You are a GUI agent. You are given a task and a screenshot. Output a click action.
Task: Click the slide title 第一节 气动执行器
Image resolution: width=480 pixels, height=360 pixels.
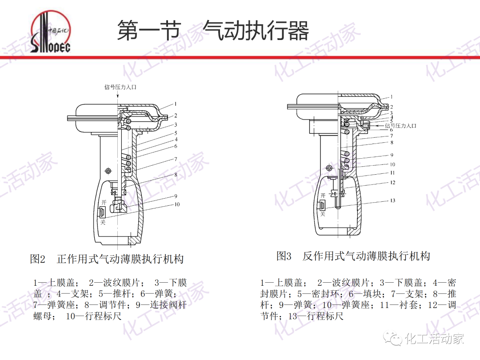coord(212,31)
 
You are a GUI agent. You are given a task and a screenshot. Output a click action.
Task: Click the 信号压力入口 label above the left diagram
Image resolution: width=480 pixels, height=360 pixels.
coord(120,87)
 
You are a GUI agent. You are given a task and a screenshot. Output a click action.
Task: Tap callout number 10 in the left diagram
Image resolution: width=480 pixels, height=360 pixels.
coord(177,205)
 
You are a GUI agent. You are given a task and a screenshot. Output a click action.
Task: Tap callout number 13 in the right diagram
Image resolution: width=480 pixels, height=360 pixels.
coord(392,200)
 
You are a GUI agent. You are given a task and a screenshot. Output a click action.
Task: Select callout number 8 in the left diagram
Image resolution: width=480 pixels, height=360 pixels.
coord(176,175)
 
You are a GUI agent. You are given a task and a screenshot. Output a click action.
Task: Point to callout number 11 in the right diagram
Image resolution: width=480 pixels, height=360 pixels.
coord(392,173)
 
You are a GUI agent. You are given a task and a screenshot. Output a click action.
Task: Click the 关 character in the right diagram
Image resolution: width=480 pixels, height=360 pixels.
coord(323,214)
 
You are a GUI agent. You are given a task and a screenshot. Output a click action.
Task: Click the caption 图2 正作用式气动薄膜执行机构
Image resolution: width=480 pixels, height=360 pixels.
coord(107,259)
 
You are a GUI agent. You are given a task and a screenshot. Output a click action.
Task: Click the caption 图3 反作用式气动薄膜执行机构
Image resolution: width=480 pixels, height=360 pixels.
coord(353,256)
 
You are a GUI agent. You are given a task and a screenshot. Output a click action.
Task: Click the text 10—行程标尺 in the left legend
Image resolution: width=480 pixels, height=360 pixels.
coord(94,316)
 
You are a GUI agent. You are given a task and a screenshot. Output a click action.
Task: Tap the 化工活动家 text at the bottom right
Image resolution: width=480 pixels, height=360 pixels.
coord(434,339)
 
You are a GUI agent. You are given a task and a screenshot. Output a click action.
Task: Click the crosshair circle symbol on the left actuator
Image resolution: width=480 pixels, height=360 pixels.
coord(108,171)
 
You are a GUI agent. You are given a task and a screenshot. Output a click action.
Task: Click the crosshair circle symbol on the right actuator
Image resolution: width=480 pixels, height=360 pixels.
coord(329,168)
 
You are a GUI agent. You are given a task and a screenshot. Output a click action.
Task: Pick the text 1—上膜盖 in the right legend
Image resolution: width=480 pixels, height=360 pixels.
coord(281,283)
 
